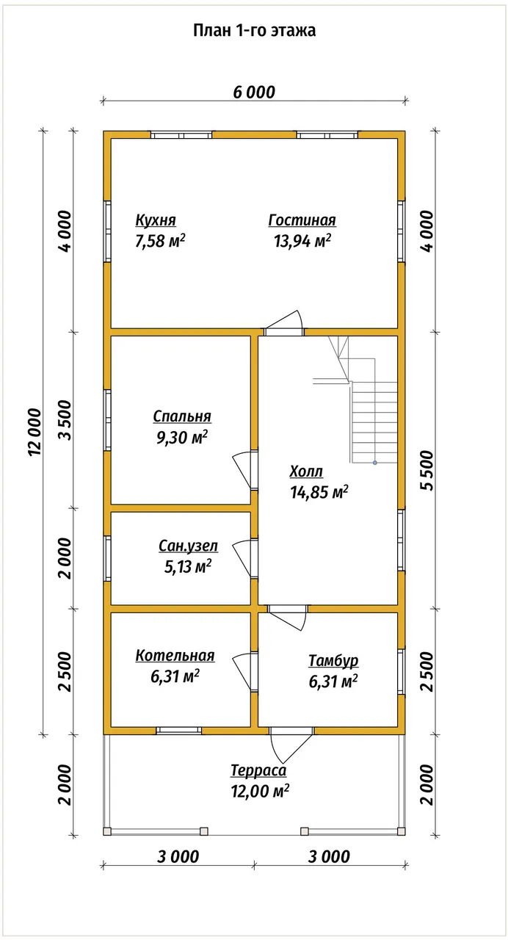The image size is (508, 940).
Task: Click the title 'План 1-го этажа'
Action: (254, 31)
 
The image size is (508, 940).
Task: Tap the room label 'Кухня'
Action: (156, 220)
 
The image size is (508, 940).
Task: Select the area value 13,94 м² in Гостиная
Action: (302, 241)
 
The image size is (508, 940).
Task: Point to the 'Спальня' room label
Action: (182, 416)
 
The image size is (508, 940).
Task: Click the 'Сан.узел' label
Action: (189, 546)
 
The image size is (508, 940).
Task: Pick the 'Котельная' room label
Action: (175, 656)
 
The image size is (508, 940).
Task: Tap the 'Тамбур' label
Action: (333, 660)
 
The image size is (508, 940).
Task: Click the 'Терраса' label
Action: (258, 770)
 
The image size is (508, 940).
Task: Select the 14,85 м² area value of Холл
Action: (319, 492)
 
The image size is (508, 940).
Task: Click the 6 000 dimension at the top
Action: (254, 93)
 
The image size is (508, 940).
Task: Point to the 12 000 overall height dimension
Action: (35, 432)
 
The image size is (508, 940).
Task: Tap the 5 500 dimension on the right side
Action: (427, 471)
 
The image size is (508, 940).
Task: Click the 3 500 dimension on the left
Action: (65, 420)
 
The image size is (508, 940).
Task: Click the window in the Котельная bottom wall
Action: (179, 731)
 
